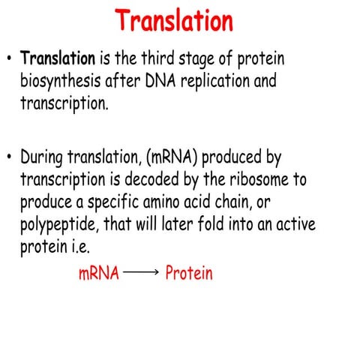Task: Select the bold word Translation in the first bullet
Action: click(57, 58)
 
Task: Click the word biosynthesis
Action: click(66, 81)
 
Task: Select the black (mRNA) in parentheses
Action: click(177, 158)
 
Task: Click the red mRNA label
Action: click(99, 274)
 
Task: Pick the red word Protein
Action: click(189, 274)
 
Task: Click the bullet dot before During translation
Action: click(9, 159)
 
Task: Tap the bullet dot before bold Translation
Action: click(9, 58)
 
